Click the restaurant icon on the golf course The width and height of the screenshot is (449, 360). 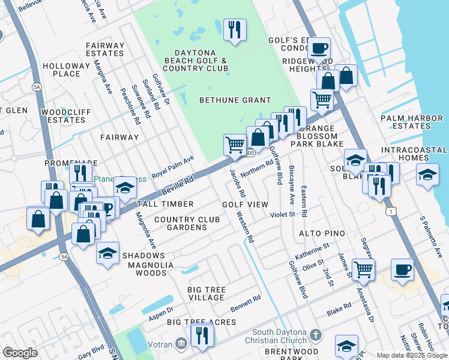click(234, 29)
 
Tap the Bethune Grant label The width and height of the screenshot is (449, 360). click(235, 100)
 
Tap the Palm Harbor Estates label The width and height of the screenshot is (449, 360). click(414, 122)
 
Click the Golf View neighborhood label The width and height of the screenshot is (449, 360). click(245, 205)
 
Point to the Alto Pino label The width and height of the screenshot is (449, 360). click(322, 233)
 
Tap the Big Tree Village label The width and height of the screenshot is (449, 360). click(206, 294)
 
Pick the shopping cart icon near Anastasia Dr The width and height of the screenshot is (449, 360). click(363, 269)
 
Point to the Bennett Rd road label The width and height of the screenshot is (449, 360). click(246, 304)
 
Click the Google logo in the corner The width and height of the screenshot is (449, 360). click(20, 353)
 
